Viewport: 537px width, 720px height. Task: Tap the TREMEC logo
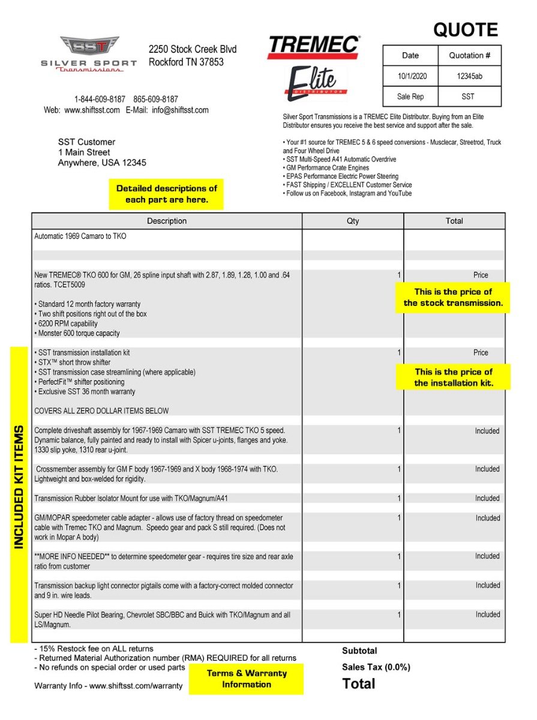313,47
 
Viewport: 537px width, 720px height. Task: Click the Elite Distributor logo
316,83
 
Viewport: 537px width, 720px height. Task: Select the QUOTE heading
466,29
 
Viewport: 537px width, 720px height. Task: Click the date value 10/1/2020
410,76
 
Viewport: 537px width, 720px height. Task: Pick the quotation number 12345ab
469,76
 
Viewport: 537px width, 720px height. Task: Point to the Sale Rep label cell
410,96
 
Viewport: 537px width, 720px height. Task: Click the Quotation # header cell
469,55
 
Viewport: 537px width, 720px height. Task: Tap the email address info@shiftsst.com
180,110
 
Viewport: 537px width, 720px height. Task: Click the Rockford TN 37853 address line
186,62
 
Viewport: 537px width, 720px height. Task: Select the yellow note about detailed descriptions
166,194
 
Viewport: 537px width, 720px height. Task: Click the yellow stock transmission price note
453,298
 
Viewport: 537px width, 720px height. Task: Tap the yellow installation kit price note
453,377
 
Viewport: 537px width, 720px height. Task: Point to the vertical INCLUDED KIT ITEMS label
19,487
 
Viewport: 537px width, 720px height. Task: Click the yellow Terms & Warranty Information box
246,679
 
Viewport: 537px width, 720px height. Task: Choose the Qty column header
353,221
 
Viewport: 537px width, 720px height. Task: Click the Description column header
167,221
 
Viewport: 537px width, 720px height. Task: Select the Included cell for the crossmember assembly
487,469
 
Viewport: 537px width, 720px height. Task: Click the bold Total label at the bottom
359,683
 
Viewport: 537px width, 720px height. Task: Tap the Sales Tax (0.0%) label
376,667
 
